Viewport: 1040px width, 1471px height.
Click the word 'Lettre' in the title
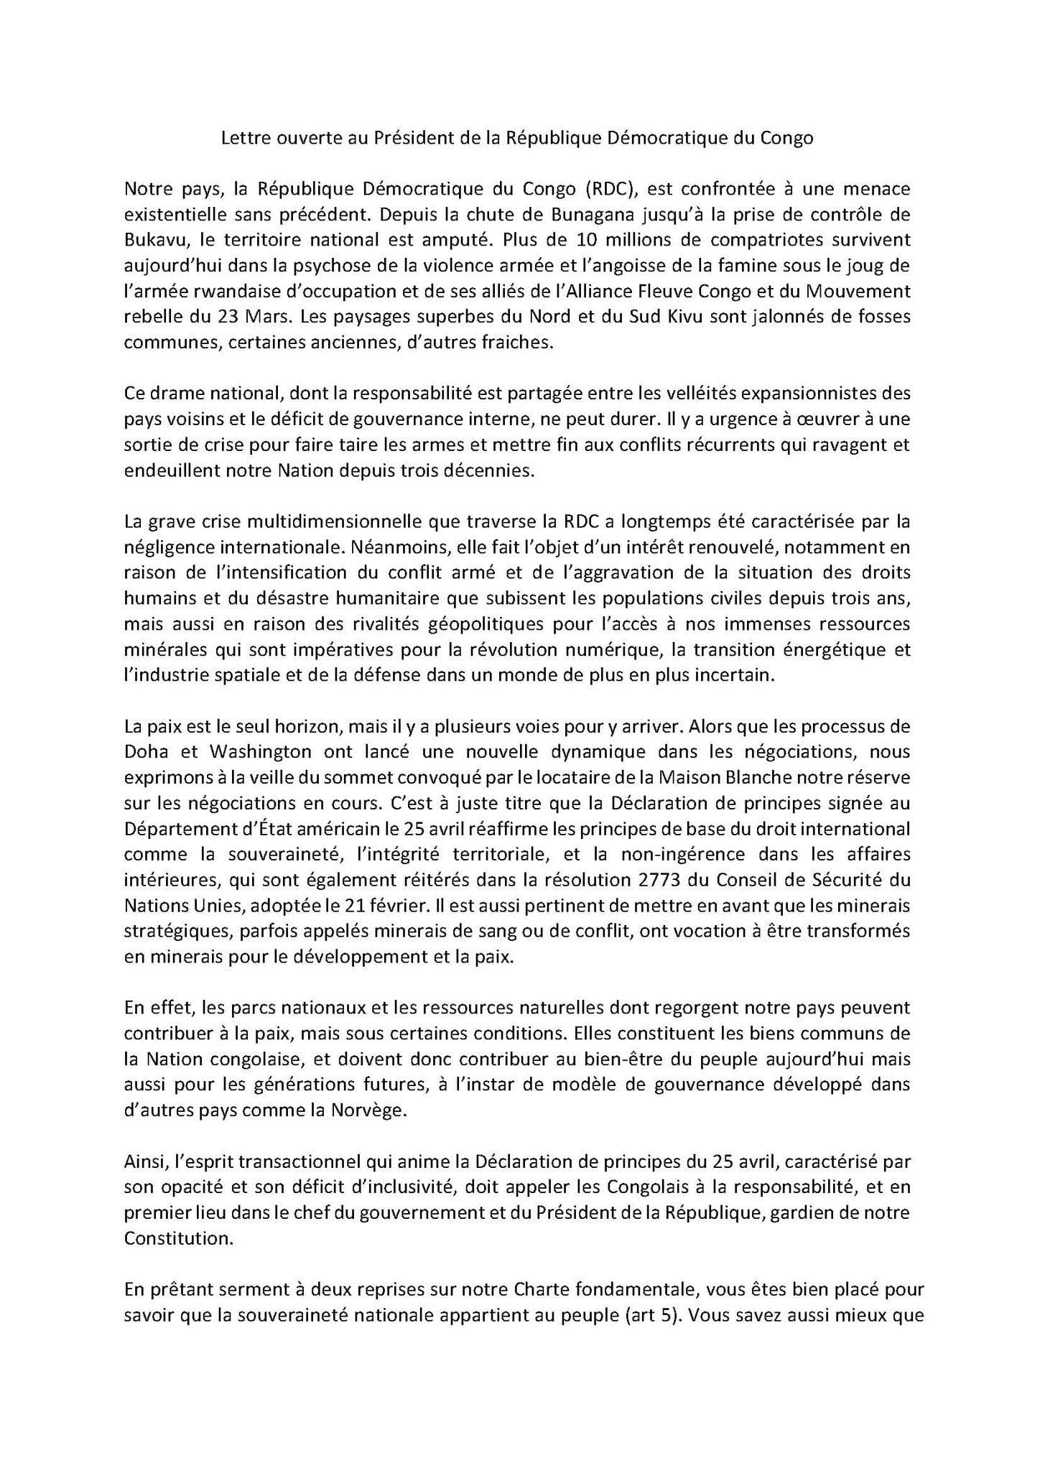pos(243,139)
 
